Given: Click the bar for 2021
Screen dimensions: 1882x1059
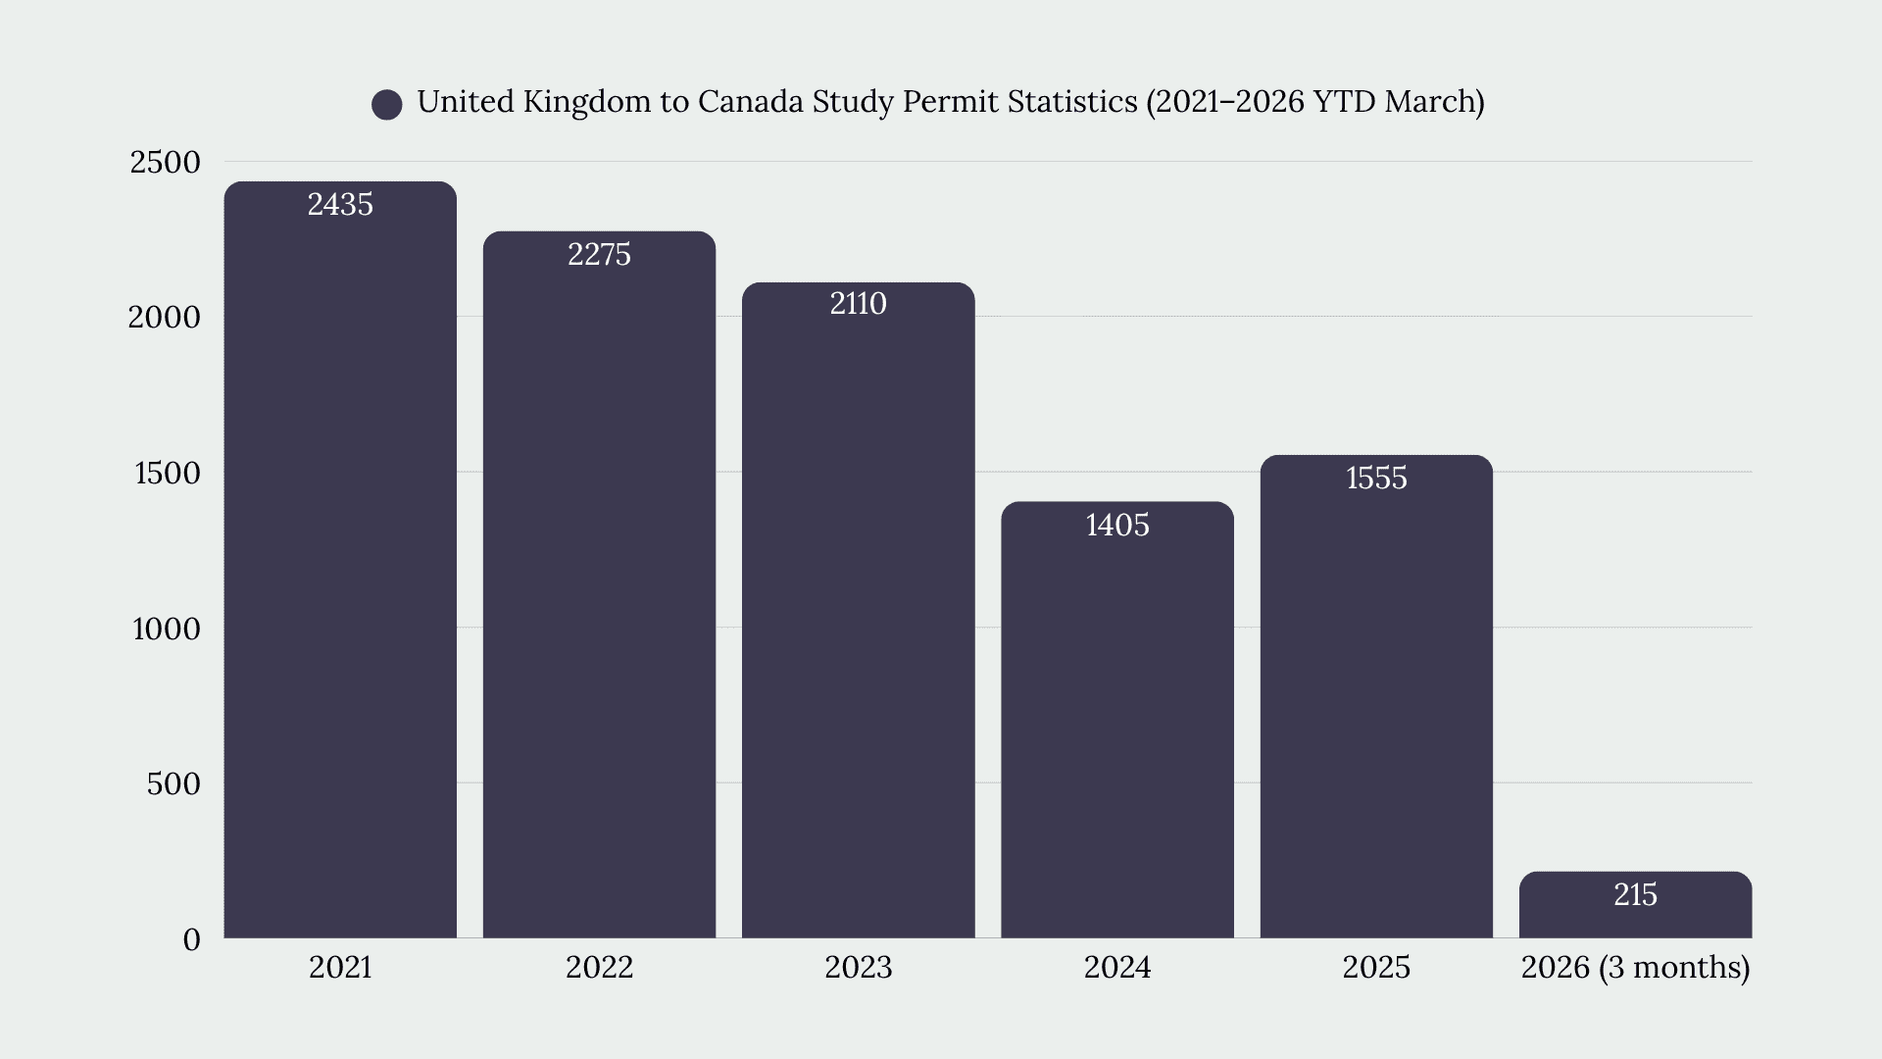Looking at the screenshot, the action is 340,560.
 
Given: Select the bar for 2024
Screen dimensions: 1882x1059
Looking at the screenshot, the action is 1117,720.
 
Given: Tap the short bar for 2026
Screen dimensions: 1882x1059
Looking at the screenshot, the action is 1635,905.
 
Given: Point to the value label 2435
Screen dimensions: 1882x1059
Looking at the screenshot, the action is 340,204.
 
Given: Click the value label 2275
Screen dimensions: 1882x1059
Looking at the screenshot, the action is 599,255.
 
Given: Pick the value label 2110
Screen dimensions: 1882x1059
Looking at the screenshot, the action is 859,304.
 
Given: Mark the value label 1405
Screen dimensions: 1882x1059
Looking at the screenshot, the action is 1117,526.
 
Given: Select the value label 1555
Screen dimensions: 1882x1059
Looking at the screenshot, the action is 1376,479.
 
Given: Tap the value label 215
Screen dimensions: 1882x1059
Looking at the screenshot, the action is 1635,895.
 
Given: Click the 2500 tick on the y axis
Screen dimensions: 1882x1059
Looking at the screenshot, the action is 165,163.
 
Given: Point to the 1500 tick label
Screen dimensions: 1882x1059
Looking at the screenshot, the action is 167,474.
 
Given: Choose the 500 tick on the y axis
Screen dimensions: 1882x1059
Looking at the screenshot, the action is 173,784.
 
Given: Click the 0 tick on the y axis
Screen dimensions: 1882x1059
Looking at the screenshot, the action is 191,940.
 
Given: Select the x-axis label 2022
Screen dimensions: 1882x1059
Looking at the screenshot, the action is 599,968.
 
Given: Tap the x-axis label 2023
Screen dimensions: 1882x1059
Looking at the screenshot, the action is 859,968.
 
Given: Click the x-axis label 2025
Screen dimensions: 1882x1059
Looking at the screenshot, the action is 1376,968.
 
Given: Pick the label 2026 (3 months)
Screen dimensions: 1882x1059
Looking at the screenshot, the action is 1635,969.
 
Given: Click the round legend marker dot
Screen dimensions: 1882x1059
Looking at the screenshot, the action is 387,104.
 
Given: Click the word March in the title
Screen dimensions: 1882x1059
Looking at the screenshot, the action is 1429,101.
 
